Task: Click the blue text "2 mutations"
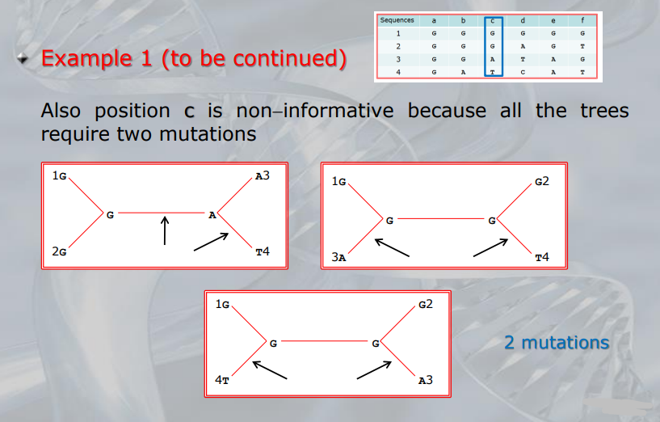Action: point(557,343)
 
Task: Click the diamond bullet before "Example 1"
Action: point(23,58)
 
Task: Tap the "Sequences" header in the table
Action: point(397,20)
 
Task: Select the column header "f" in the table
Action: point(582,20)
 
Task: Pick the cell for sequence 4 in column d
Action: point(523,73)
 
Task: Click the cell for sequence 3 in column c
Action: point(493,59)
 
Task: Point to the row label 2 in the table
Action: point(398,46)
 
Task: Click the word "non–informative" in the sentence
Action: point(315,111)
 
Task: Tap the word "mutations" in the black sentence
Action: point(208,134)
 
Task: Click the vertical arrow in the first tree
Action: point(165,230)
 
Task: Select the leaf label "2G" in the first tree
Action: point(59,251)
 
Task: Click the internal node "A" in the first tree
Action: point(212,215)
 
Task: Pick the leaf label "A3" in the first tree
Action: point(263,175)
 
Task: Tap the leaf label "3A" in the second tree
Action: point(338,257)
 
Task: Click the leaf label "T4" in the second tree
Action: point(542,257)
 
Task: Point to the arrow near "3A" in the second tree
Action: point(392,247)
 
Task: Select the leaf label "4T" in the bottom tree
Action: point(222,380)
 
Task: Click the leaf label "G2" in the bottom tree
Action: point(426,304)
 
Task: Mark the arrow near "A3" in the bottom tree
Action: point(374,370)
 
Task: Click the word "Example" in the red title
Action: point(86,58)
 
